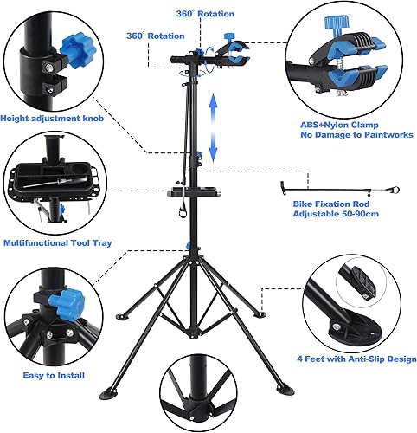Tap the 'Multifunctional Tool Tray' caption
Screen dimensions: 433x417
click(x=54, y=243)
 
